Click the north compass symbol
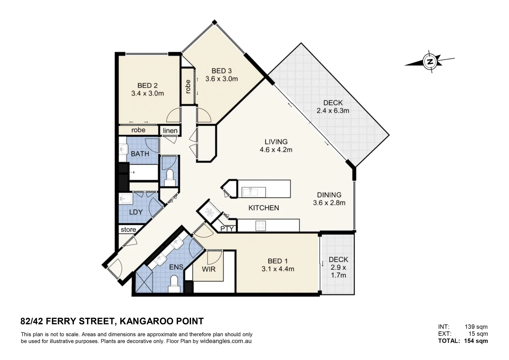(x=430, y=62)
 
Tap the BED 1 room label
(x=277, y=261)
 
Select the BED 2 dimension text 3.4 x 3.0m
(x=147, y=94)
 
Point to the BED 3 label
(x=221, y=71)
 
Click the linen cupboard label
(x=170, y=131)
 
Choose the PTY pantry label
(x=227, y=229)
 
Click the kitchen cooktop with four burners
(x=260, y=226)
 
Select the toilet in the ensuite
(x=174, y=282)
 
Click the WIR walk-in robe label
(x=209, y=269)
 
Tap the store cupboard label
(x=128, y=230)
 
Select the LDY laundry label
(x=136, y=212)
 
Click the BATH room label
(x=140, y=154)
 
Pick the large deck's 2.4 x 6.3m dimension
(x=333, y=111)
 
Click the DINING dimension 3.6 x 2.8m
(x=329, y=203)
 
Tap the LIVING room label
(x=276, y=142)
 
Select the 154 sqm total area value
(x=476, y=341)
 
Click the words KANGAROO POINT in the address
(x=161, y=321)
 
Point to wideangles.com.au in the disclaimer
(x=225, y=341)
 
